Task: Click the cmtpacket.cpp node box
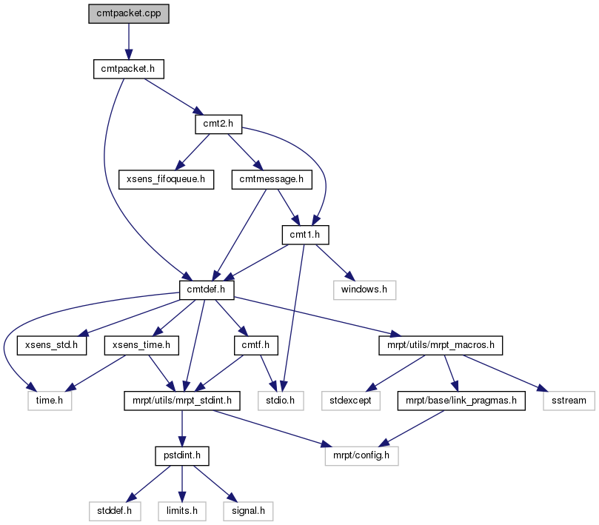coord(129,14)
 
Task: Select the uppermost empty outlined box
coord(365,290)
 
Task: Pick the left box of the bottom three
coord(115,511)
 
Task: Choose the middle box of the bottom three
coord(182,511)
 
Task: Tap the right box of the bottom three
coord(248,511)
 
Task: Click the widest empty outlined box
coord(361,456)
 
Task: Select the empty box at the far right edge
coord(569,401)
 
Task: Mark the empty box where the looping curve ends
coord(50,401)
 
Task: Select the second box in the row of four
coord(281,401)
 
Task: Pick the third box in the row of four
coord(351,401)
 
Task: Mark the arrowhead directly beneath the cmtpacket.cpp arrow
coord(128,55)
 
